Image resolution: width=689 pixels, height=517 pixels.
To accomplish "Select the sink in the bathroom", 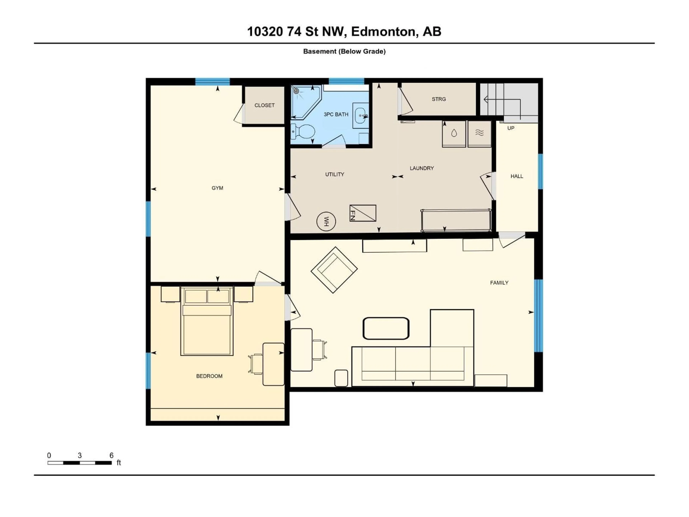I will pyautogui.click(x=361, y=115).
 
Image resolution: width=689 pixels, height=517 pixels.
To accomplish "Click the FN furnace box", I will pyautogui.click(x=363, y=213).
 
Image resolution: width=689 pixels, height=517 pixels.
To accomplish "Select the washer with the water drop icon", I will pyautogui.click(x=454, y=134).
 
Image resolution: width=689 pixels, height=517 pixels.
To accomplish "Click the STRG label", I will pyautogui.click(x=439, y=99).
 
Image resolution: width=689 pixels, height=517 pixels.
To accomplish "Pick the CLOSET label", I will pyautogui.click(x=264, y=105).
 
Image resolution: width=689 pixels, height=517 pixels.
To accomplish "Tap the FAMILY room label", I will pyautogui.click(x=499, y=283).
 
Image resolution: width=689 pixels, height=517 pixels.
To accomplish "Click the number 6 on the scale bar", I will pyautogui.click(x=111, y=455).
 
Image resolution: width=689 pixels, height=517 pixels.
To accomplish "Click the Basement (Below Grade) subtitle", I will pyautogui.click(x=344, y=51).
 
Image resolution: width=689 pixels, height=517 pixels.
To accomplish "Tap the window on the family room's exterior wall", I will pyautogui.click(x=538, y=315).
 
